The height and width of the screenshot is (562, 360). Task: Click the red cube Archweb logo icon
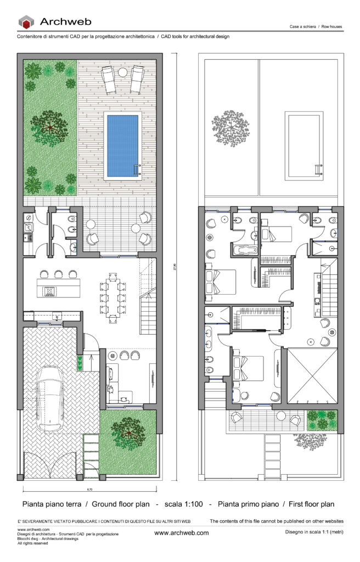tap(26, 23)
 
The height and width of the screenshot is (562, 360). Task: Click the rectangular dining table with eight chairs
tap(114, 296)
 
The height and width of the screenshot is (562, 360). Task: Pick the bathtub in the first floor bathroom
tap(245, 250)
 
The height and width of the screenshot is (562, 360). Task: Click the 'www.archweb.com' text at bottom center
tap(181, 533)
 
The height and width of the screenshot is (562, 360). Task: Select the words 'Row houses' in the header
tap(331, 26)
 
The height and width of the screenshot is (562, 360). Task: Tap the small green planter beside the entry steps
tap(80, 363)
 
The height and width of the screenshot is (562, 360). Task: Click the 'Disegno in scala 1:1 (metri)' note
tap(312, 532)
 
